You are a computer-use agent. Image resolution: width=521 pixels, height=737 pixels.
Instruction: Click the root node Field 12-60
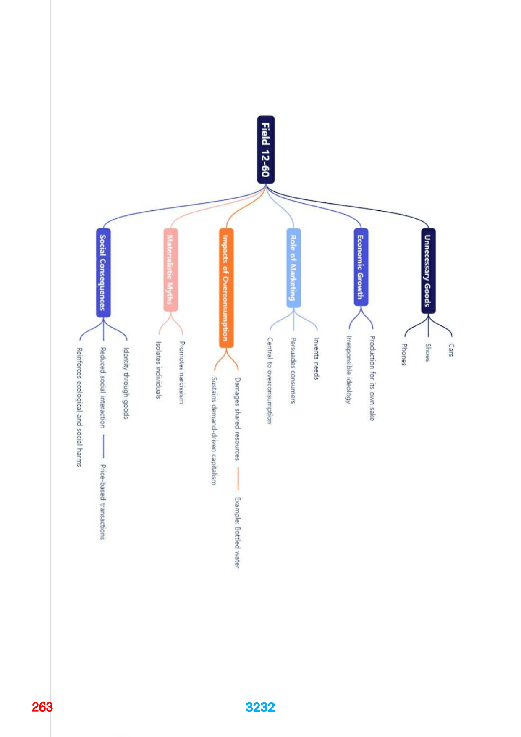coord(266,150)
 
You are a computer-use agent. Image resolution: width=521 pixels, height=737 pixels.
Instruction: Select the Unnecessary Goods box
coord(428,271)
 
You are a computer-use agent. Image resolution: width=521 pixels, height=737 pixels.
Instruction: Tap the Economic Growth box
coord(361,267)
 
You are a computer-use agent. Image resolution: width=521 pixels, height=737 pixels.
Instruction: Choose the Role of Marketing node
coord(293,268)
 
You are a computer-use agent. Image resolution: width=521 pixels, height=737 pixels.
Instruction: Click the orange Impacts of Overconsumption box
coord(226,288)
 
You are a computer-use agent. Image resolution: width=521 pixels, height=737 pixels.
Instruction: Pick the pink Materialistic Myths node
coord(170,270)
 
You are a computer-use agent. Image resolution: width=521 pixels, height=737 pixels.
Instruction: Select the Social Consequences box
coord(103,273)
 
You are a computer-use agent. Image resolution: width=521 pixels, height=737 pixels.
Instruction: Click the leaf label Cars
coord(451,350)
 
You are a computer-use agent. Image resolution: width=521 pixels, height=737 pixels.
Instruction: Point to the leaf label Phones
coord(404,354)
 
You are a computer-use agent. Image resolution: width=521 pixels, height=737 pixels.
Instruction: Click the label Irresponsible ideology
coord(348,369)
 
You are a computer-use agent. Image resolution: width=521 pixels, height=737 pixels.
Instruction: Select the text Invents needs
coord(317,359)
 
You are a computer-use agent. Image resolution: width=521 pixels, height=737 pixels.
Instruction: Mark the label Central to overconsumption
coord(270,380)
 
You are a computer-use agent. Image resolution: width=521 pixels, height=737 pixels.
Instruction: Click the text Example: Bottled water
coord(238,532)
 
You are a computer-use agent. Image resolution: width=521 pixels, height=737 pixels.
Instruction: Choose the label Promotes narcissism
coord(181,372)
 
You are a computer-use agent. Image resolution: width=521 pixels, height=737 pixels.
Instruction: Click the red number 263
coord(42,707)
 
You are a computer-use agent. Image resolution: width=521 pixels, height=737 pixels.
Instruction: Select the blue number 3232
coord(260,707)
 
